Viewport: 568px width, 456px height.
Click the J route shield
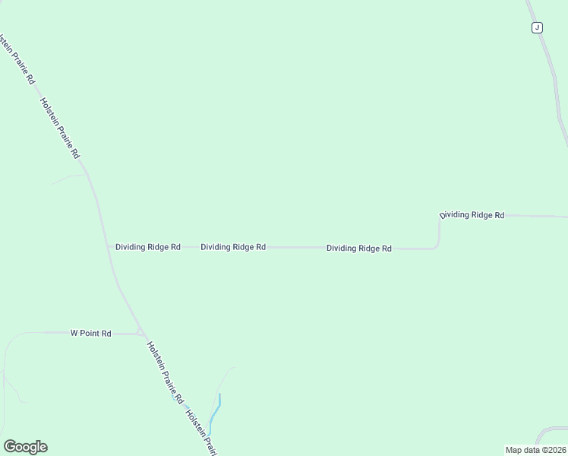(537, 28)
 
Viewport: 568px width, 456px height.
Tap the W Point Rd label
(91, 333)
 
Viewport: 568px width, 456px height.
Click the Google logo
(25, 446)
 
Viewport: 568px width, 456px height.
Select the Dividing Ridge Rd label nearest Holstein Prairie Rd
(148, 247)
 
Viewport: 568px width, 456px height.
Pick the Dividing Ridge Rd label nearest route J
(472, 215)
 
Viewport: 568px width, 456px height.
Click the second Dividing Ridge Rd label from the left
(233, 247)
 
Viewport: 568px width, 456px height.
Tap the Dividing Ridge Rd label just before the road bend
(359, 249)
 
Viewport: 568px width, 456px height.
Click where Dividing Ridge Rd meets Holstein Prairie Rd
(109, 247)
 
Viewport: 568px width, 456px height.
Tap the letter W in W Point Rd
(74, 333)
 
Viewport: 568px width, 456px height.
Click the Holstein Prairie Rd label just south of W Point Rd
(165, 372)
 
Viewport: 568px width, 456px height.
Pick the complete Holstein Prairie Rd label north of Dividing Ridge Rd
(60, 128)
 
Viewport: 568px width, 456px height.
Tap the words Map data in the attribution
(521, 450)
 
